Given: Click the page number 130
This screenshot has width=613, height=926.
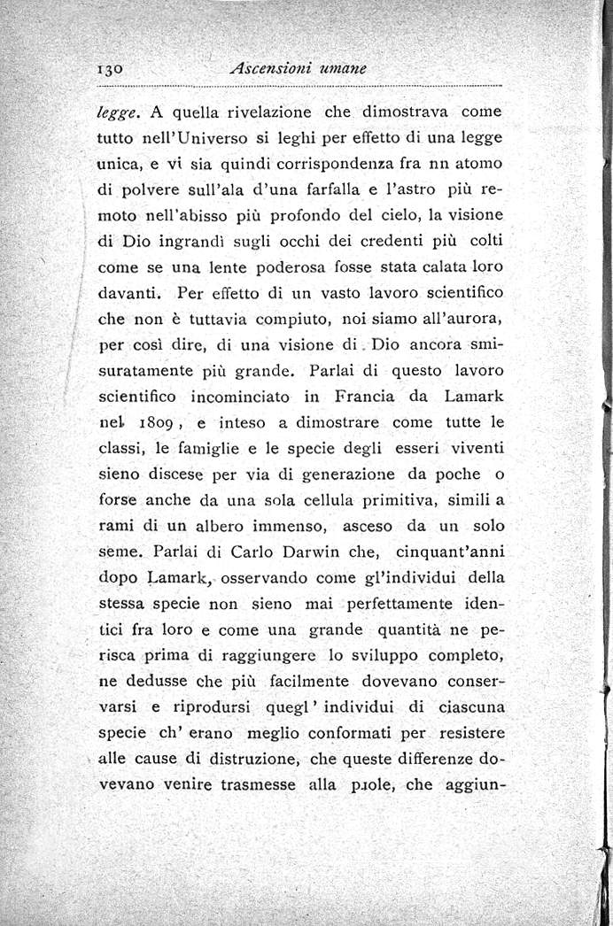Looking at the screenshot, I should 115,68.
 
